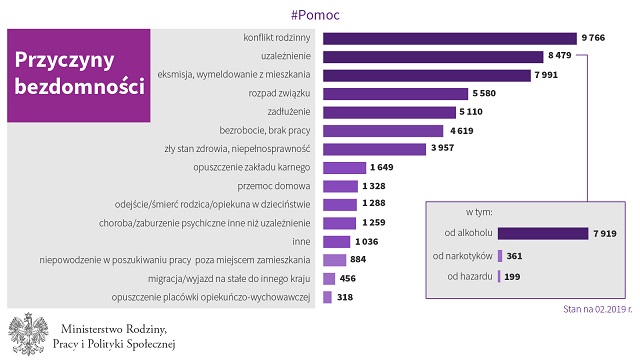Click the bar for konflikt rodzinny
coord(450,38)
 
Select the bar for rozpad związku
coord(396,94)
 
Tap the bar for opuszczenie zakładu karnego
coord(344,168)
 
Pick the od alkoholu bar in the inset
coord(543,233)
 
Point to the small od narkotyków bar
coord(500,256)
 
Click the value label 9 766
coord(593,38)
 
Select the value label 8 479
coord(560,55)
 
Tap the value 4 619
coord(462,131)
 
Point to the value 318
coord(345,297)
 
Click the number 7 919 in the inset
coord(605,233)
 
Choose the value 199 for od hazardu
coord(512,277)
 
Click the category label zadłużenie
coord(289,111)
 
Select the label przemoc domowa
coord(274,186)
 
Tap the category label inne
coord(301,242)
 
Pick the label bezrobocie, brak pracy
coord(265,131)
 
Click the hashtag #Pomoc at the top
coord(315,15)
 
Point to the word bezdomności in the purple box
coord(80,87)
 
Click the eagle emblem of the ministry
coord(29,334)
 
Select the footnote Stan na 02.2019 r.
coord(598,309)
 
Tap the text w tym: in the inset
coord(479,212)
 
